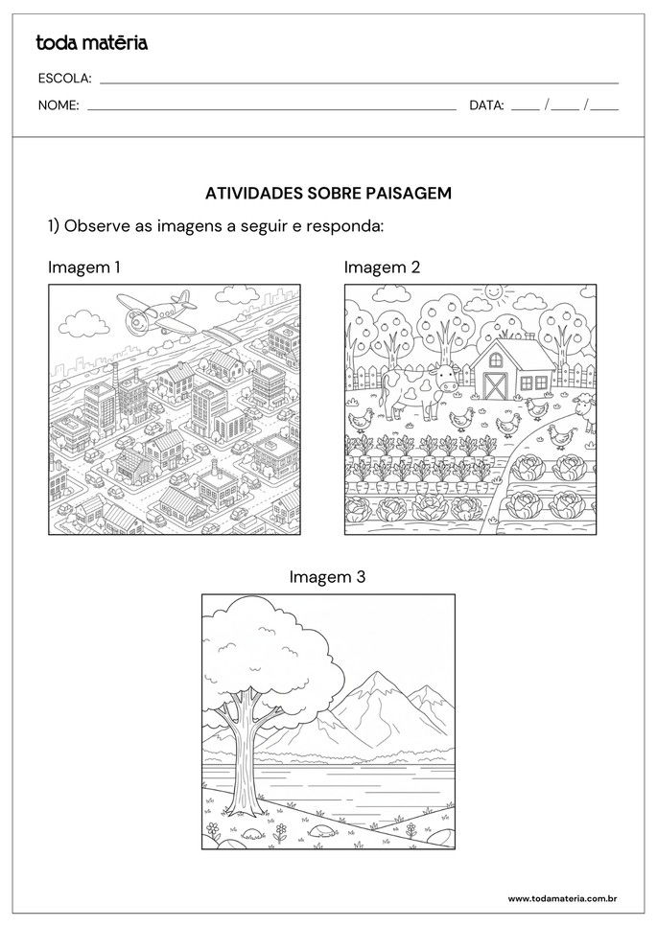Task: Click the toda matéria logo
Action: point(91,42)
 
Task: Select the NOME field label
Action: point(59,105)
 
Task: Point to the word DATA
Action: point(486,105)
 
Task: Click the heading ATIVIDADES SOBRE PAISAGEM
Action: point(328,193)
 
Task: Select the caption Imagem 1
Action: point(84,267)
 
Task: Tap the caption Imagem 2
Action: point(382,267)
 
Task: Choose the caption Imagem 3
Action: point(327,577)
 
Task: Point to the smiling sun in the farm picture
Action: point(494,289)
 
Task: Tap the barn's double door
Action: point(497,385)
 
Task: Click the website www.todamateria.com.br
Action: point(561,898)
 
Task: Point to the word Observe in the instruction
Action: point(100,227)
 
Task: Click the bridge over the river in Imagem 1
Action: point(223,335)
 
